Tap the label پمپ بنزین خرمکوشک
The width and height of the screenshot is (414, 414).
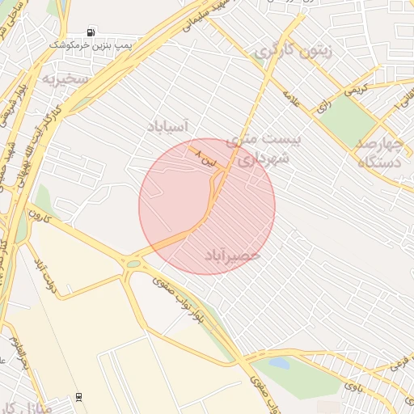90,46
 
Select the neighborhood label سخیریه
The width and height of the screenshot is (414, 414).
65,79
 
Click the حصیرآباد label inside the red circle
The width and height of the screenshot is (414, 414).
232,254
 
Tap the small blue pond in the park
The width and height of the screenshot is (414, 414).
279,364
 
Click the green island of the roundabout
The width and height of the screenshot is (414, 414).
133,264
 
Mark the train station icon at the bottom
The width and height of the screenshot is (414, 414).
78,397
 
